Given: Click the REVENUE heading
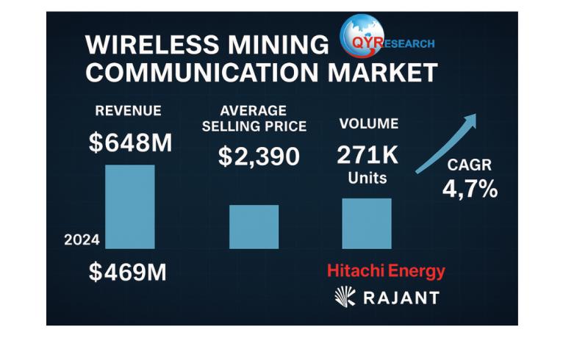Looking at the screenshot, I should point(129,111).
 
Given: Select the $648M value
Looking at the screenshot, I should point(130,143).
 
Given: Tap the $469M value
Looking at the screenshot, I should point(128,272).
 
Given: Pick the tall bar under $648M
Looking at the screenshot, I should point(130,206).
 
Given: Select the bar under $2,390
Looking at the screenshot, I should point(254,226).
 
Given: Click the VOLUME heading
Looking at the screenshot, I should point(367,123).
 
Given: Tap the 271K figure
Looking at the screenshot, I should point(367,154).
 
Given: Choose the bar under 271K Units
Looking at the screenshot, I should point(367,223).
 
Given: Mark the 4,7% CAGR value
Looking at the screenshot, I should point(470,189).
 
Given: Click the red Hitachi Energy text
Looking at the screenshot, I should point(386,271).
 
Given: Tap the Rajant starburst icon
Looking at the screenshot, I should point(345,296).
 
